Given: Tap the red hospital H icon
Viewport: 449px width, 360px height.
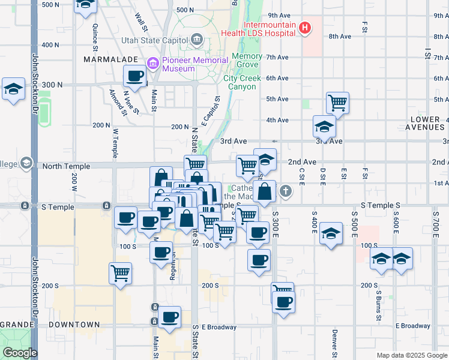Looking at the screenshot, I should [305, 28].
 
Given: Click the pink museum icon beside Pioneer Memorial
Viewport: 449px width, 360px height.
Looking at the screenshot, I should [152, 62].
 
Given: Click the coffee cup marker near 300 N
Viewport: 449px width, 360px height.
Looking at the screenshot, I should [134, 76].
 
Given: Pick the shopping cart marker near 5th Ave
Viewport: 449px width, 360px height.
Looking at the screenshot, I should [338, 103].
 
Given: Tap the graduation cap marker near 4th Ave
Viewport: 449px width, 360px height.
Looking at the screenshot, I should [324, 127].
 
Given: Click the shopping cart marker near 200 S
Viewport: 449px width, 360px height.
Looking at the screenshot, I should [121, 274].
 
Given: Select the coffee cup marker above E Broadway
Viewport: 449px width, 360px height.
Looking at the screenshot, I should [169, 317].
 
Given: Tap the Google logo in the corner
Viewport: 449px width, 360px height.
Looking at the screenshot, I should [20, 353].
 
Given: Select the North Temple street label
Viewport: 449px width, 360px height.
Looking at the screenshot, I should [66, 166].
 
